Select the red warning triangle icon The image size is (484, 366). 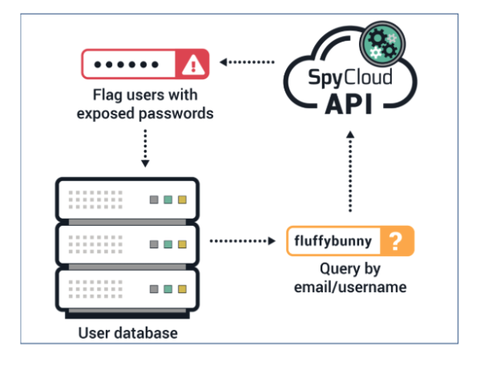[196, 65]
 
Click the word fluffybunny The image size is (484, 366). [333, 240]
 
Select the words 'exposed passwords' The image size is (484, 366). [145, 113]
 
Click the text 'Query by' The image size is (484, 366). [351, 269]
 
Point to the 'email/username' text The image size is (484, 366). [351, 287]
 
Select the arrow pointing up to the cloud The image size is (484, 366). [350, 172]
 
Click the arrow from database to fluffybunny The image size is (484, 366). [241, 239]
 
